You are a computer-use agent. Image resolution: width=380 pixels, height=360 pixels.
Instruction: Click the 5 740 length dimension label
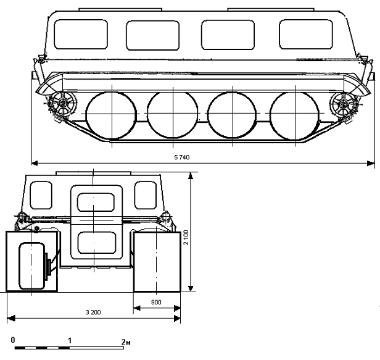click(x=182, y=157)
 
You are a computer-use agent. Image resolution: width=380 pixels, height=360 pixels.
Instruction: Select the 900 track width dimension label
click(x=156, y=303)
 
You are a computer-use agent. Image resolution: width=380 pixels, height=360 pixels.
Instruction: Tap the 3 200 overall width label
click(x=93, y=312)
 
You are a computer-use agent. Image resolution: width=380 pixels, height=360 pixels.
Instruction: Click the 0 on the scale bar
click(x=13, y=340)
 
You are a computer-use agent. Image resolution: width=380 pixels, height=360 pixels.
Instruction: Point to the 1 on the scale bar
click(x=70, y=341)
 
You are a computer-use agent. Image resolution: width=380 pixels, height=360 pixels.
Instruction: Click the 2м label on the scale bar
click(x=126, y=342)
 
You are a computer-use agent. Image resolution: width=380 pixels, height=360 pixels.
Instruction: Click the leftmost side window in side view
click(x=81, y=35)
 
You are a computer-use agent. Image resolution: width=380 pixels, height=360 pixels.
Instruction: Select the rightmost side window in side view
click(x=306, y=34)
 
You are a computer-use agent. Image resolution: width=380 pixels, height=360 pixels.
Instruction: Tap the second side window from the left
click(x=153, y=35)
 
